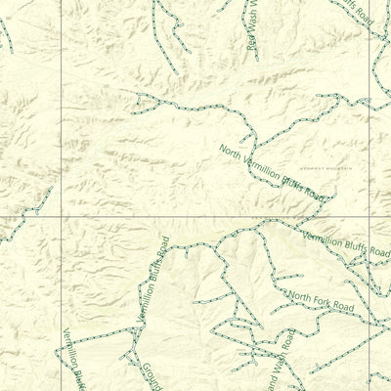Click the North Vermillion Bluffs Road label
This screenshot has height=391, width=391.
click(x=271, y=172)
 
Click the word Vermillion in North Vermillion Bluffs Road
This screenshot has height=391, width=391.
click(x=259, y=166)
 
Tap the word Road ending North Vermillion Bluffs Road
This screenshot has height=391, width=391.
click(x=313, y=194)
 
